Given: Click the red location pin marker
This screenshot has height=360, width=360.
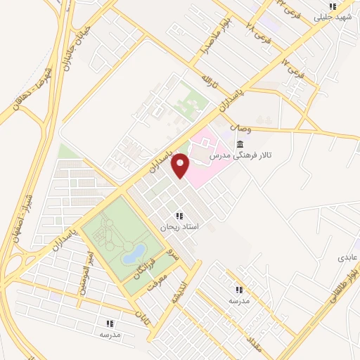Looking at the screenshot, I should [x=181, y=166].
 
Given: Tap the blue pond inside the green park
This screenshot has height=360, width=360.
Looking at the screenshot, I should [x=134, y=253].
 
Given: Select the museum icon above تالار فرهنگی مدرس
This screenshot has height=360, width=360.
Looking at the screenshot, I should [x=241, y=143].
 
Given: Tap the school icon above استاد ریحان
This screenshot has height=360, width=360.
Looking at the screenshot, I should [x=180, y=216].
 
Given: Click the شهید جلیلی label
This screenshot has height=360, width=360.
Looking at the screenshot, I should [x=334, y=16].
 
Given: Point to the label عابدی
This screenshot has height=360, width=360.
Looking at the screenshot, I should [x=347, y=257].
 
